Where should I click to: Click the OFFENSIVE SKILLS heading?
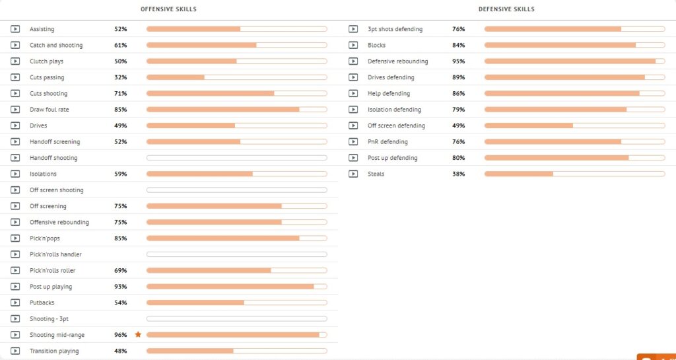168,9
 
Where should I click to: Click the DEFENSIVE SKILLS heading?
506,9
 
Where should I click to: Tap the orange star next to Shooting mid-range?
138,334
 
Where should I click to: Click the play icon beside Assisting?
15,29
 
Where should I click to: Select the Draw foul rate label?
49,110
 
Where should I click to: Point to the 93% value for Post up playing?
121,287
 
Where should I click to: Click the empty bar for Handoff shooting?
237,158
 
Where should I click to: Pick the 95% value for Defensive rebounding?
459,61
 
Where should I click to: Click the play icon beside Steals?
353,174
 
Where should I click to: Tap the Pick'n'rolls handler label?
55,254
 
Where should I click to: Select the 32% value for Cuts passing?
121,77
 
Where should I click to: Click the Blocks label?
377,46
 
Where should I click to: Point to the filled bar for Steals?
519,174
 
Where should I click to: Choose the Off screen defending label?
396,126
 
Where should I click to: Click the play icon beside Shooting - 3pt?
15,318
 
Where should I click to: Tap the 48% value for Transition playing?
121,351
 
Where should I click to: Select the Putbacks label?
42,303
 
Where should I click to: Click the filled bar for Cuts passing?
176,77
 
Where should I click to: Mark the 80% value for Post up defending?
459,158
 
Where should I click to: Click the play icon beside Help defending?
353,94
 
